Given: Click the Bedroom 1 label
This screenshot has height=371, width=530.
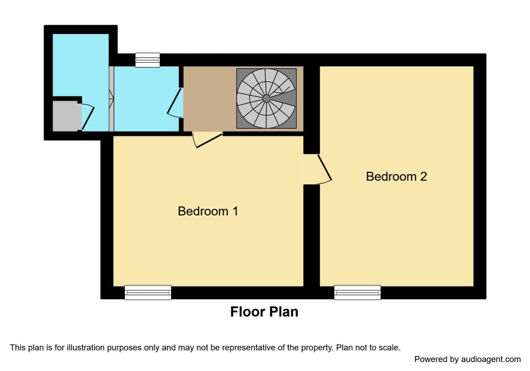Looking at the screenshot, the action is pos(208,211).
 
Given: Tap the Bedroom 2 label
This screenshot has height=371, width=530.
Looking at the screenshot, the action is pos(396,177).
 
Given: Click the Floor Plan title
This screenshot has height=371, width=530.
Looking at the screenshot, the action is pos(264,312).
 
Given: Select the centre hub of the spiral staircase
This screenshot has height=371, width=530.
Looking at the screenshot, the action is pos(266,98).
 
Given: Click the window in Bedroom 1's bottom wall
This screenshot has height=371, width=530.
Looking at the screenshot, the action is pos(148,293).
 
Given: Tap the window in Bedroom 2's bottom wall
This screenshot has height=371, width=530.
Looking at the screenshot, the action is pos(357,293).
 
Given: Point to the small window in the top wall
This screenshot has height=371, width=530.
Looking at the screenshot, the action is pos(147,60).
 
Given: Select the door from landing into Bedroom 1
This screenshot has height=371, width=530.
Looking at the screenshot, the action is pos(207,140).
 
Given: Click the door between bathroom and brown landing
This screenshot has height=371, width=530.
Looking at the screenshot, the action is pos(175,103).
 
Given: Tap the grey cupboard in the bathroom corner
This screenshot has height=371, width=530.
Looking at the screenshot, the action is pos(67,116).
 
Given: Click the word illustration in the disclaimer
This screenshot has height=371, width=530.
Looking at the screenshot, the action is pos(86,348).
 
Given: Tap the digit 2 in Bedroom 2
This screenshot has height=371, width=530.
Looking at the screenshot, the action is pos(423,177).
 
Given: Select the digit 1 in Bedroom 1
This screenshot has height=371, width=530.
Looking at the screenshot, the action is pos(235,211).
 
